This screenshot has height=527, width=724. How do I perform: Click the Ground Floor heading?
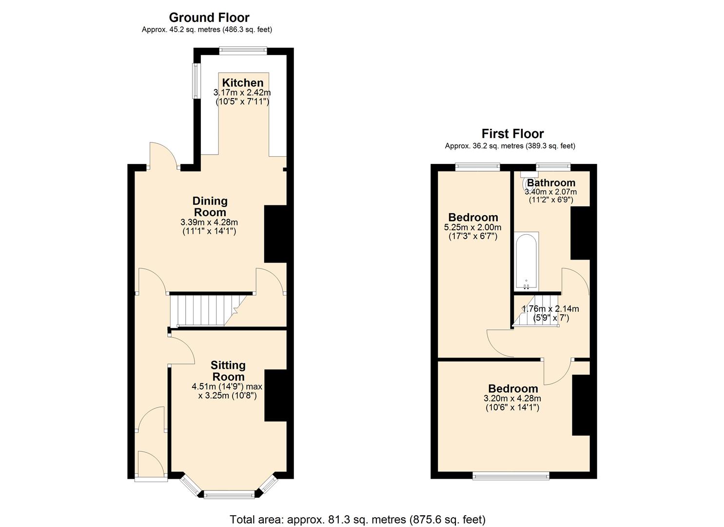pos(209,18)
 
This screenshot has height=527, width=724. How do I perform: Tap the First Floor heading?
pos(512,134)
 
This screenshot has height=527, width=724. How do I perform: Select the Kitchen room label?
pos(242,82)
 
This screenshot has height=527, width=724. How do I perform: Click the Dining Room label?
pos(210,206)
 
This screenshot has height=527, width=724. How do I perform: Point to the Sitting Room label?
pos(228,371)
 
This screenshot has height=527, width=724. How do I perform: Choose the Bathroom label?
pos(551,183)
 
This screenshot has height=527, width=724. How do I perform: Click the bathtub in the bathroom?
pos(527,261)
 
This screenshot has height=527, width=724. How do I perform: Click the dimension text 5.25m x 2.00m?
pos(472,227)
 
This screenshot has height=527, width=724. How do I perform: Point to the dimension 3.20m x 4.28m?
pos(512,398)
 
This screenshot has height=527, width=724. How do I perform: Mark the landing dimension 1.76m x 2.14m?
pos(550,309)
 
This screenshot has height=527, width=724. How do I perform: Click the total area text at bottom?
pos(357,519)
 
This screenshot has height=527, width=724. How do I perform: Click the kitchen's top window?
pos(243,50)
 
